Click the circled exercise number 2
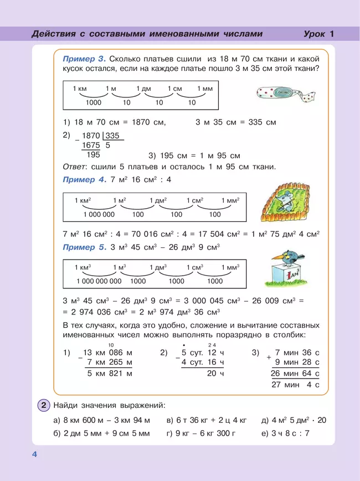tap(44, 405)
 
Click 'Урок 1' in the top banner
tap(318, 34)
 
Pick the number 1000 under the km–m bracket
tap(94, 102)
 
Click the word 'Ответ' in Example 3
tap(74, 167)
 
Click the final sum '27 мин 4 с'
tap(297, 384)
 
